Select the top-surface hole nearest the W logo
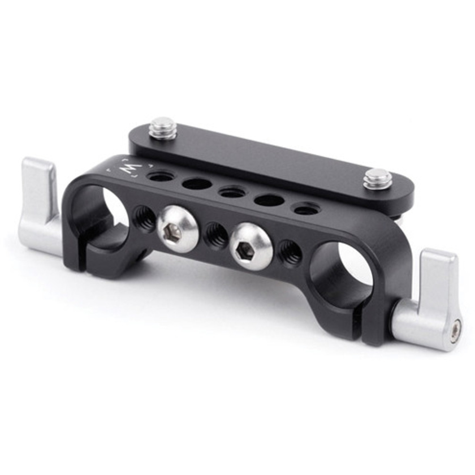click(x=161, y=176)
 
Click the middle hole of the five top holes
click(x=232, y=192)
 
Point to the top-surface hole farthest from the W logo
click(x=305, y=209)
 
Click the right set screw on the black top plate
click(x=378, y=178)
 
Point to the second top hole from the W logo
click(x=197, y=184)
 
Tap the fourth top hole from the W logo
click(x=269, y=200)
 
